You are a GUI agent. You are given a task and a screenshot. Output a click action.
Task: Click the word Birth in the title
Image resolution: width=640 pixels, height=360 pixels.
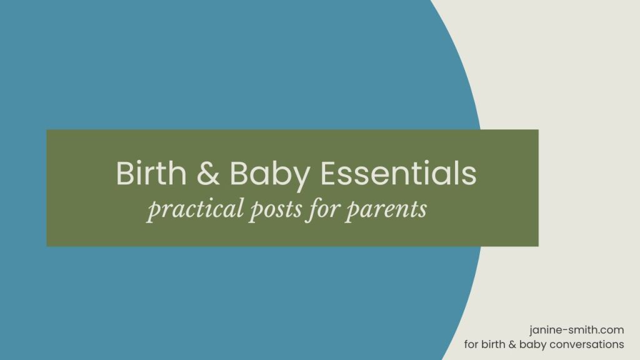pyautogui.click(x=150, y=173)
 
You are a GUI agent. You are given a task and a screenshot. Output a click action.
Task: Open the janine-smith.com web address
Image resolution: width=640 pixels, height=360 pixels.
pyautogui.click(x=576, y=331)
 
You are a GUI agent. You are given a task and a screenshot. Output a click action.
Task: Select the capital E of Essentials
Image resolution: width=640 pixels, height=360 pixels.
pyautogui.click(x=330, y=173)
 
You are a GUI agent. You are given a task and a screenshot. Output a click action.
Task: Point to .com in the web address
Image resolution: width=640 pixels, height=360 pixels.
pyautogui.click(x=612, y=331)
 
